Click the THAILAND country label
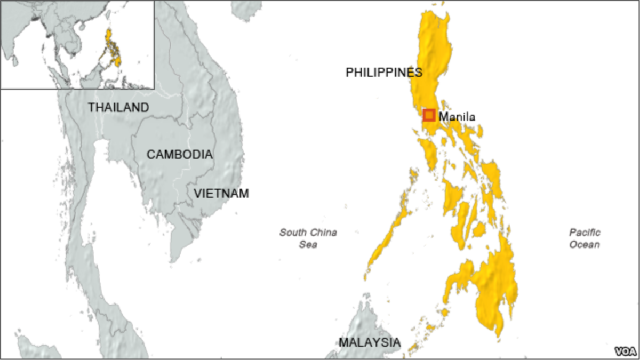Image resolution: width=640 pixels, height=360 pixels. coord(118,108)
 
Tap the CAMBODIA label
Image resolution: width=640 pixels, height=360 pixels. coord(179,155)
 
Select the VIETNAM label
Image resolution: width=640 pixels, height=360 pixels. coord(221,194)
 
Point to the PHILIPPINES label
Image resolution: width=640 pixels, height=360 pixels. coord(384,73)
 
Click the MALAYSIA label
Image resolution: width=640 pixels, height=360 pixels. coord(369,342)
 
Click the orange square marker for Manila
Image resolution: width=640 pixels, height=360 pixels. coord(429,115)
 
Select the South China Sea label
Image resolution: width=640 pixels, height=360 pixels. coord(308,238)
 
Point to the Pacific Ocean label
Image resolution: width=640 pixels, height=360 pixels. coord(584,238)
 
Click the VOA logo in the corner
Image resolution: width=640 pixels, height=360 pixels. coord(626,351)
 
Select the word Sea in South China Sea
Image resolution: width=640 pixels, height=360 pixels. coord(308,245)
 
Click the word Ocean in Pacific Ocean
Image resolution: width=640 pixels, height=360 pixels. coord(584,245)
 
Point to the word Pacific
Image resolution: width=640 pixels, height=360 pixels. coord(584,233)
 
